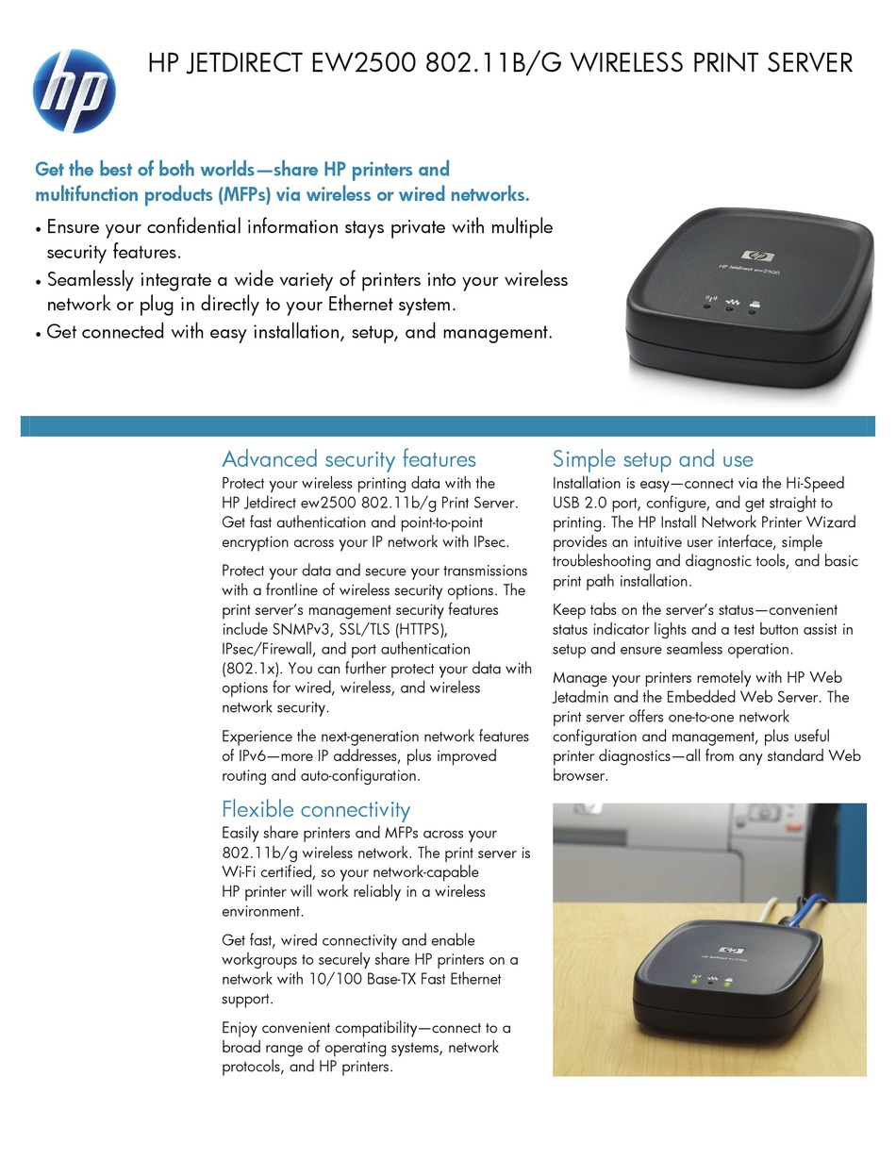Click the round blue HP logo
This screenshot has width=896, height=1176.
pos(74,91)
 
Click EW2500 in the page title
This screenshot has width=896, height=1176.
pos(363,62)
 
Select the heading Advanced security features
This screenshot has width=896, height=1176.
pos(349,459)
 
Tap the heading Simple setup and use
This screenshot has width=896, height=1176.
pos(653,459)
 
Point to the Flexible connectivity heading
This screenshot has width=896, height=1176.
pos(316,809)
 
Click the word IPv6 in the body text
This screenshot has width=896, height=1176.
pos(251,756)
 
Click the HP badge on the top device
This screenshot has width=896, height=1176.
pos(757,256)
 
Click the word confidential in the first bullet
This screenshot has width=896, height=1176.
pos(193,226)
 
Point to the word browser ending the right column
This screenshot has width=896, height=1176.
pos(580,775)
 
